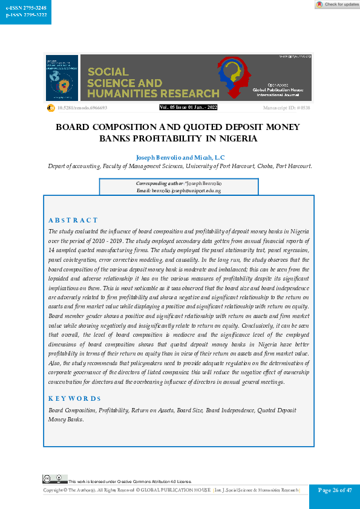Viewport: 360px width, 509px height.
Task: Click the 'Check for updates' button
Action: pyautogui.click(x=337, y=4)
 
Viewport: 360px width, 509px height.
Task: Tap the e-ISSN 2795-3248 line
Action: pyautogui.click(x=22, y=8)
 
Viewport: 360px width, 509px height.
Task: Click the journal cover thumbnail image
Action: pyautogui.click(x=62, y=78)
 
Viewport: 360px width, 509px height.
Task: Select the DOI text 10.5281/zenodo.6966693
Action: pyautogui.click(x=82, y=108)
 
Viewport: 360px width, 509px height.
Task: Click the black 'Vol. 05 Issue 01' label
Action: pyautogui.click(x=188, y=107)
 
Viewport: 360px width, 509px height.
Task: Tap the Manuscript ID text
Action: pyautogui.click(x=286, y=108)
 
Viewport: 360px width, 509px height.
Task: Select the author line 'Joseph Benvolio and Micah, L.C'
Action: pyautogui.click(x=180, y=156)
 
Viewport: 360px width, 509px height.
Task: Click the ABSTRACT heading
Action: pyautogui.click(x=73, y=220)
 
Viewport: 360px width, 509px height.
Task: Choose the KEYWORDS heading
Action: pyautogui.click(x=74, y=398)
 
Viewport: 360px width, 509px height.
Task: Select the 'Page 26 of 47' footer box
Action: pyautogui.click(x=335, y=490)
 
